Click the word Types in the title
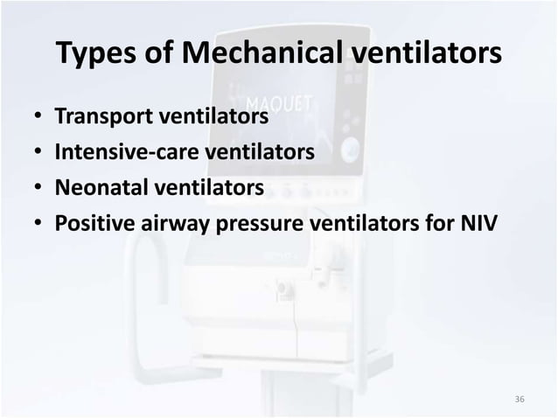(94, 54)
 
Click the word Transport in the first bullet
(101, 116)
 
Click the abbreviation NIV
(477, 223)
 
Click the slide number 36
(520, 400)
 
